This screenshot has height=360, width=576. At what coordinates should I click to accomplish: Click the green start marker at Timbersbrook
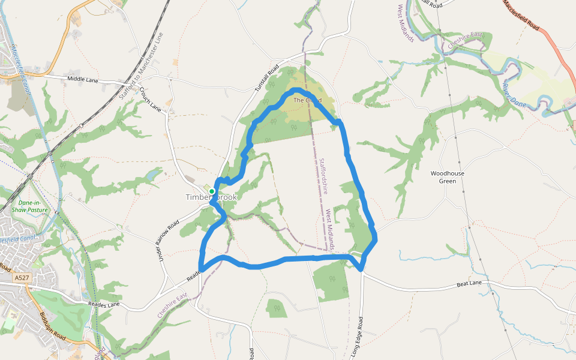212,191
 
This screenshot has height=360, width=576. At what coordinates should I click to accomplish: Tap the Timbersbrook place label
211,197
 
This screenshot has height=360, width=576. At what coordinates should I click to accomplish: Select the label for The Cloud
307,100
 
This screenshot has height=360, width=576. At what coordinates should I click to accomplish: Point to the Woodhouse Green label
448,177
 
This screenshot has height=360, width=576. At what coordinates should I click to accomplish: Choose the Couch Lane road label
151,100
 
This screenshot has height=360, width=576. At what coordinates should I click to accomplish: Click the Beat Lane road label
469,283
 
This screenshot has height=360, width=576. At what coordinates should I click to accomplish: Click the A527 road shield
22,278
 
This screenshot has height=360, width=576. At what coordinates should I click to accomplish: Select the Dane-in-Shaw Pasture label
29,206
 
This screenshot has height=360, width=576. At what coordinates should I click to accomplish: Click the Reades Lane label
104,305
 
